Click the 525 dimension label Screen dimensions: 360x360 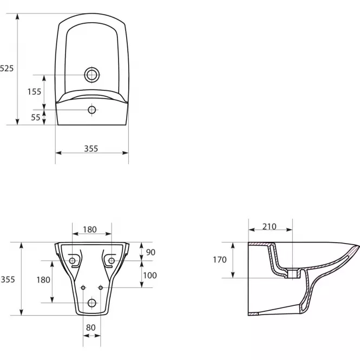pyautogui.click(x=6, y=68)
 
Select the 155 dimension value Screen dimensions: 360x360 pyautogui.click(x=34, y=92)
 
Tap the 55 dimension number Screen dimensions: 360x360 pyautogui.click(x=36, y=117)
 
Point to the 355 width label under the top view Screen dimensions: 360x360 pyautogui.click(x=91, y=149)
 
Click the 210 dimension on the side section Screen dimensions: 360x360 pyautogui.click(x=269, y=227)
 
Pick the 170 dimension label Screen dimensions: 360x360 pyautogui.click(x=220, y=260)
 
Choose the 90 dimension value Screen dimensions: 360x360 pyautogui.click(x=150, y=252)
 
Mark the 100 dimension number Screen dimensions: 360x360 pyautogui.click(x=150, y=276)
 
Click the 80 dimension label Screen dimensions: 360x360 pyautogui.click(x=91, y=328)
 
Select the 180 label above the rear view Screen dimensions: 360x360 pyautogui.click(x=90, y=230)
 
